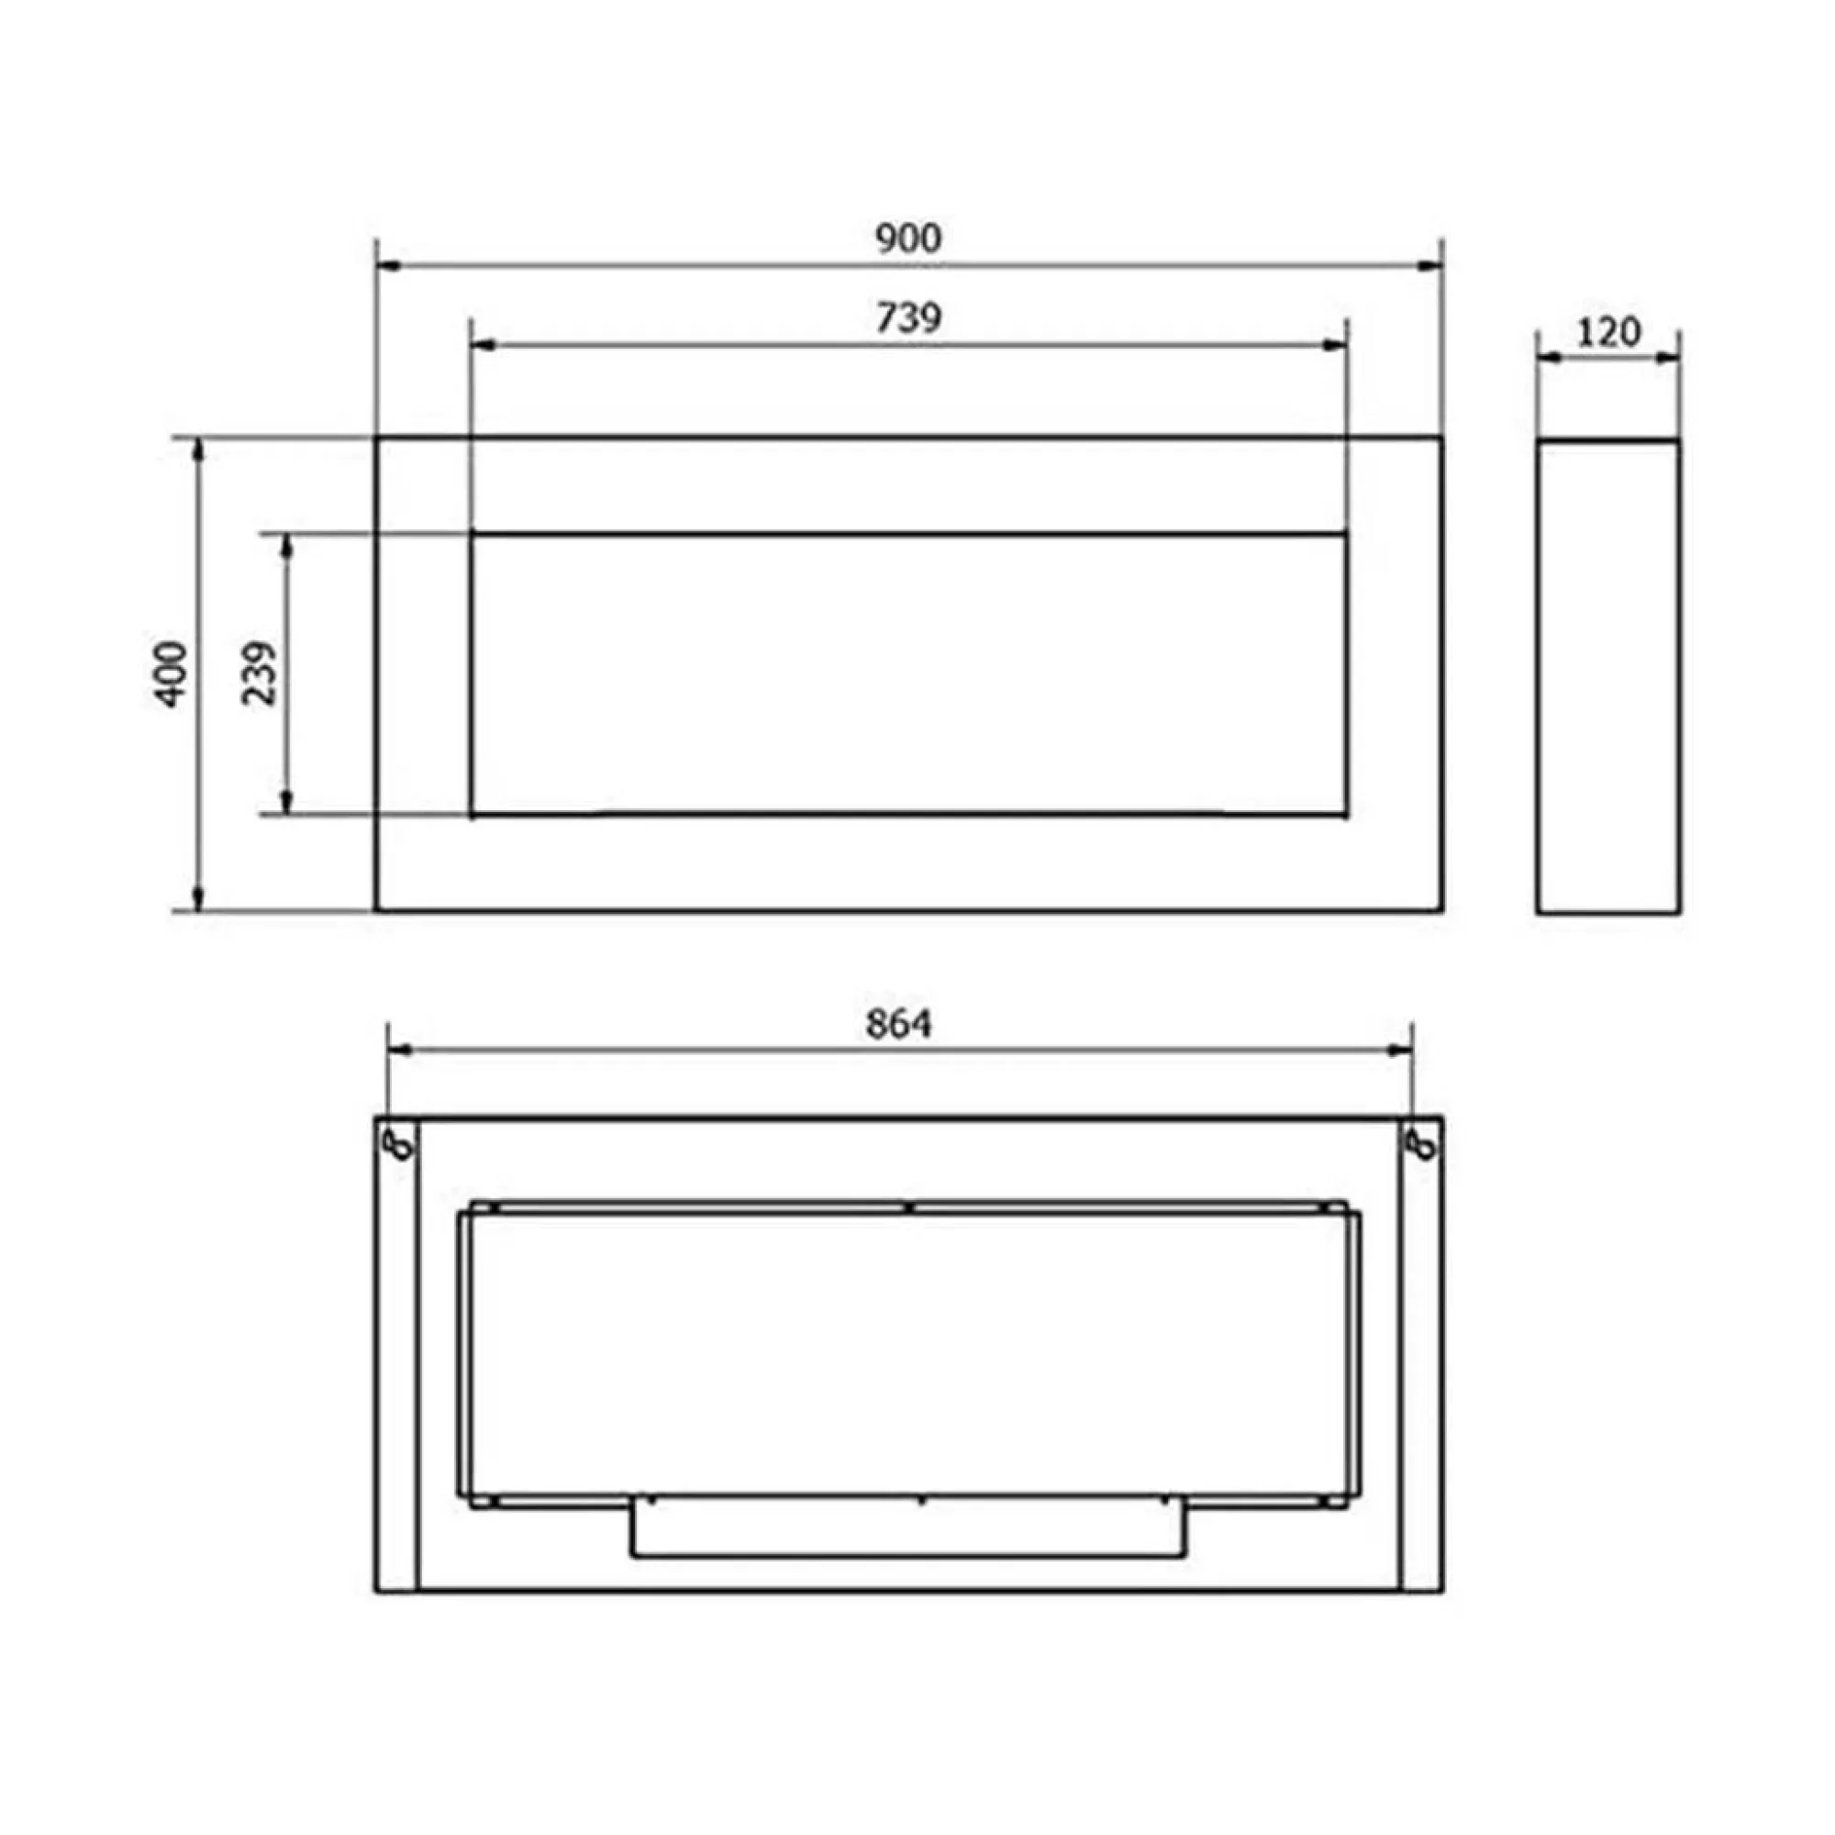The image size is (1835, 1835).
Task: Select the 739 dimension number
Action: coord(908,319)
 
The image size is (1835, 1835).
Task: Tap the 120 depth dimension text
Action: coord(1608,332)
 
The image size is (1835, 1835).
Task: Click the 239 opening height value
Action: coord(261,673)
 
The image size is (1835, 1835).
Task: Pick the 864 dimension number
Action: coord(898,1024)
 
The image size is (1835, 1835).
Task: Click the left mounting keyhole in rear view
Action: coord(403,1145)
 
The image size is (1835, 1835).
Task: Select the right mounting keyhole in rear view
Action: coord(1424,1145)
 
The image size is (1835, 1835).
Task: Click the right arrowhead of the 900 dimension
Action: coord(1431,268)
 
